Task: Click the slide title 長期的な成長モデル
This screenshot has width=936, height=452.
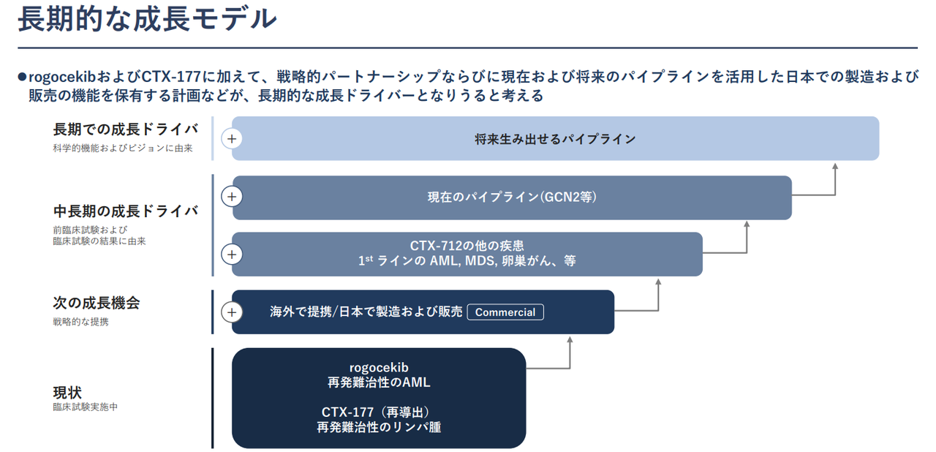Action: coord(146,20)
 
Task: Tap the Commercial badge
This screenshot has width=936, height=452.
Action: coord(505,312)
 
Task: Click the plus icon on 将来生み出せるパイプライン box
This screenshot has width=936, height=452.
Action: coord(232,138)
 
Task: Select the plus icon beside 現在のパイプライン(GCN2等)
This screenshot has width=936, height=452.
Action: coord(232,197)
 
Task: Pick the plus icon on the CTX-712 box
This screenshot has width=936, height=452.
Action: coord(232,255)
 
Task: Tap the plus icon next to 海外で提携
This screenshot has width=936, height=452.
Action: coord(232,312)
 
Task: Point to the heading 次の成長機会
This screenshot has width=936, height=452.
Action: coord(96,303)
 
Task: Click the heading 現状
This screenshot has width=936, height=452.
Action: coord(67,392)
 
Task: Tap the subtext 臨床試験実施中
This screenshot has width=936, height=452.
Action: coord(85,407)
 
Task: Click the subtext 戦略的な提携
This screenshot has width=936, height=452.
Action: coord(80,321)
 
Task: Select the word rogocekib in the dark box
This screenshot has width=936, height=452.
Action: coord(379,367)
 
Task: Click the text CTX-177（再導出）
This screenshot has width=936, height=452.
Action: coord(379,412)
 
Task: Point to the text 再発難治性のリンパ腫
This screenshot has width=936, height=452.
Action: coord(379,427)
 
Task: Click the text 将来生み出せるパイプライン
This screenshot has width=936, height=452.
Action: coord(555,138)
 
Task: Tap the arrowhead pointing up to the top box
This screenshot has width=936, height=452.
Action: coord(835,167)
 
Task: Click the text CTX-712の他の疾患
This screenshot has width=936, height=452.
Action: coord(467,246)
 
